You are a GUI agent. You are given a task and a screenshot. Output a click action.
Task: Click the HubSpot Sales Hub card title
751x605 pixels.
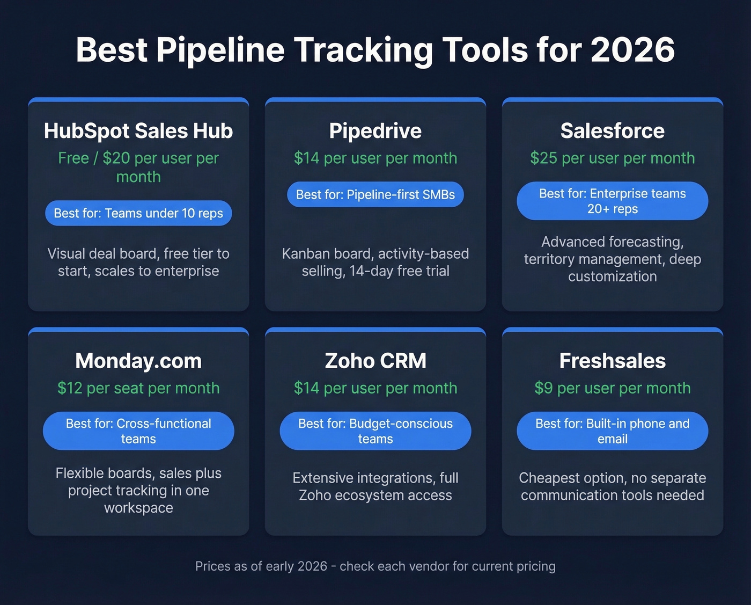[138, 131]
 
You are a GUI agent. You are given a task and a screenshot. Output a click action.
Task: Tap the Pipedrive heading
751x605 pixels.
[376, 131]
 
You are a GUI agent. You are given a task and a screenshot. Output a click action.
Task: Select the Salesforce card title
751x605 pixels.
[612, 131]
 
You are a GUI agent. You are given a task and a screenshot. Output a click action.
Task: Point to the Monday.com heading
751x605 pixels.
[138, 361]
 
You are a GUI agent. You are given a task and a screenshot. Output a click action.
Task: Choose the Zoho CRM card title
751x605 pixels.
[376, 361]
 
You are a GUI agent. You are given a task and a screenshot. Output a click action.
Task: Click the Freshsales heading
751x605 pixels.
[612, 361]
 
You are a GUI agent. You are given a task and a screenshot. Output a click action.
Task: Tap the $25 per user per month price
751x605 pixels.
[612, 158]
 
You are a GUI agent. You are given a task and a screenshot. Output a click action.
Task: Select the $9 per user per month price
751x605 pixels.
[612, 388]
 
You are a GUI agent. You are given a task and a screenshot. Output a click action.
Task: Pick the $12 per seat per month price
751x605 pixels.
[138, 388]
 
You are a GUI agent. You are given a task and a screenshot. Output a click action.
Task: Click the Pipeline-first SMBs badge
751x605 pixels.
[376, 194]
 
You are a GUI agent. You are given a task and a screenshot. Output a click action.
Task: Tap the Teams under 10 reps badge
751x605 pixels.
[138, 213]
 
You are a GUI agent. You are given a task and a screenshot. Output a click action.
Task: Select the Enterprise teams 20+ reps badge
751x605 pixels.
[612, 201]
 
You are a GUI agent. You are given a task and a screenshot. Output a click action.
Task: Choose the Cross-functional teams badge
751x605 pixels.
[138, 431]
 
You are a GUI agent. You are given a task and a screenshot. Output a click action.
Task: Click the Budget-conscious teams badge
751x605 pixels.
[376, 431]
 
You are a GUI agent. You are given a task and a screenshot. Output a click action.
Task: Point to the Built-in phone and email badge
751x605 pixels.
[612, 431]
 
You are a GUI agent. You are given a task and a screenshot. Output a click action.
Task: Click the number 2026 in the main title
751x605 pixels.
[632, 50]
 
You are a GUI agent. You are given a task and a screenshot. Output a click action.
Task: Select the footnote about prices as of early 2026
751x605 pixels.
[376, 566]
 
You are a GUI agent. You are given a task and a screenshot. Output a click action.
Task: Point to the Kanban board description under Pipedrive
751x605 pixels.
[376, 262]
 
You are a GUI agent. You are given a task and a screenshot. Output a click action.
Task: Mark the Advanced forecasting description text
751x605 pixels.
[612, 259]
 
